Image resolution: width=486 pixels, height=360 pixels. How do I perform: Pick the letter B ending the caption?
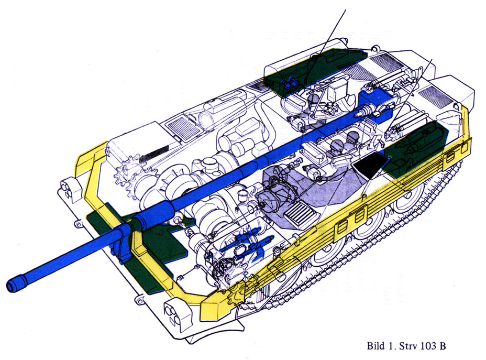click(x=444, y=346)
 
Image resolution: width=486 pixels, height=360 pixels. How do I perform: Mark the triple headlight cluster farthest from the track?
click(x=68, y=189)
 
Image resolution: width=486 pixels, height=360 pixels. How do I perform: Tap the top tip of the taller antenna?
click(x=346, y=10)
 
